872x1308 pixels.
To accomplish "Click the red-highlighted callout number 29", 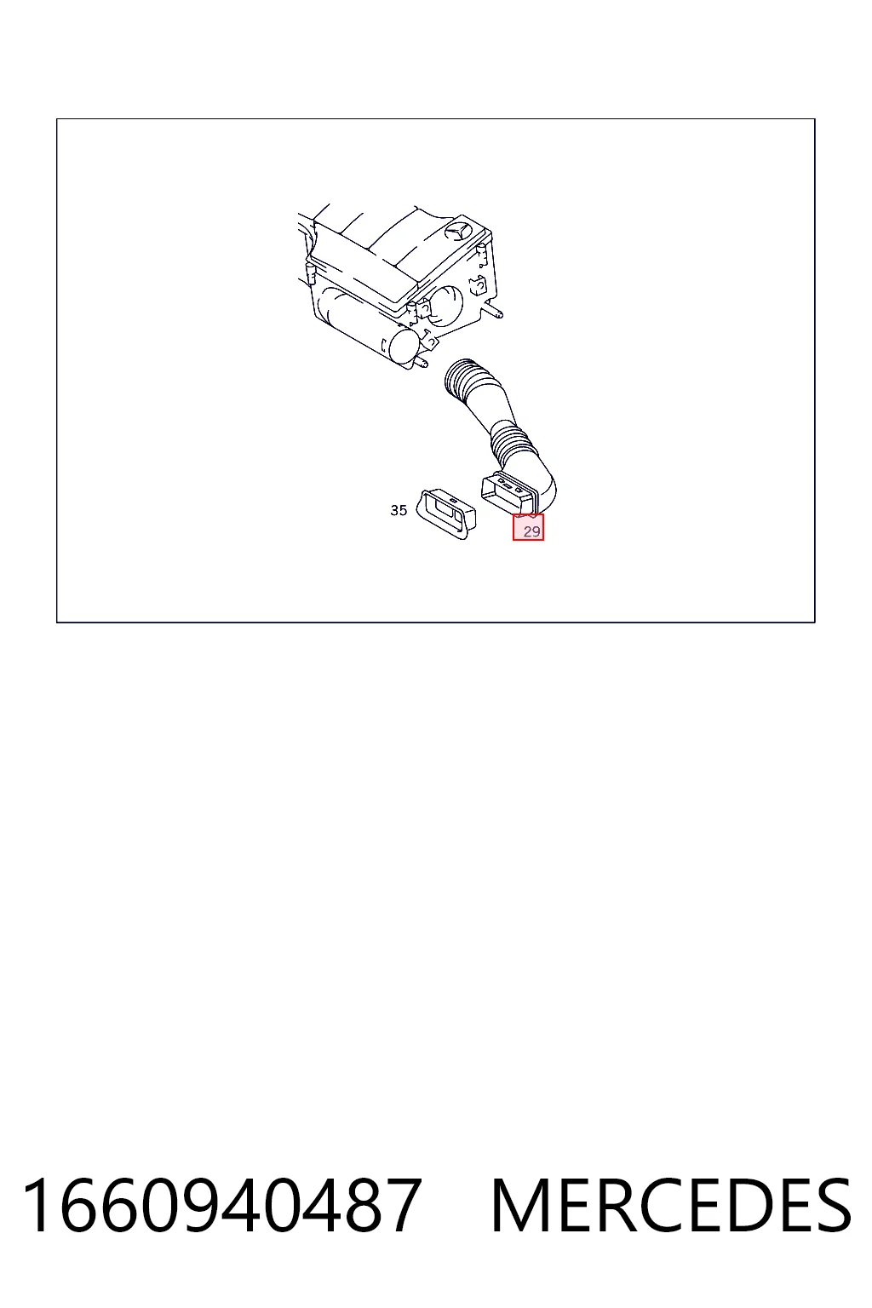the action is click(531, 531).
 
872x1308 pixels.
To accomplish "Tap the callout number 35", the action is click(399, 510).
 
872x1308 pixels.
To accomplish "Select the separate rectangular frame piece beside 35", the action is click(446, 513).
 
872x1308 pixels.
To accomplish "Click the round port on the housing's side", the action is click(448, 302).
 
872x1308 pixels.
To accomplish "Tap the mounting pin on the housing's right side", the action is click(495, 313).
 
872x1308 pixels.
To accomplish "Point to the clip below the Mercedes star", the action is click(481, 255).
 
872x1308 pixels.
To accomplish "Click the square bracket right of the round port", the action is click(478, 286).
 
